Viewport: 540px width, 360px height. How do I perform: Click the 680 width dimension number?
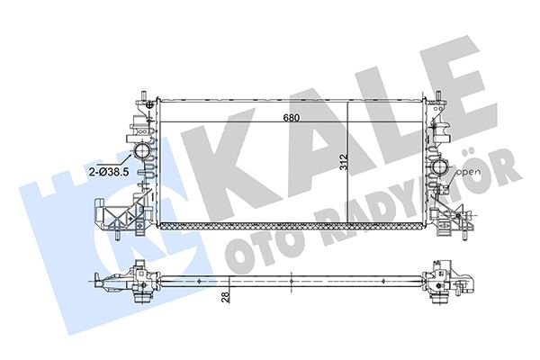285,118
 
